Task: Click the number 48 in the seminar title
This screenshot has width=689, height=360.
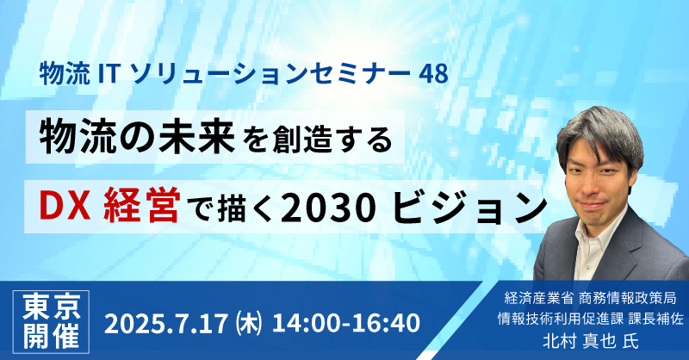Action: [433, 74]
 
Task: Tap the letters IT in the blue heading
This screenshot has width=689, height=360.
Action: [109, 74]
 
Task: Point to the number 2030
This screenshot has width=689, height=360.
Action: [329, 207]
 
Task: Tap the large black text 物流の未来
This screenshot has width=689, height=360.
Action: [137, 137]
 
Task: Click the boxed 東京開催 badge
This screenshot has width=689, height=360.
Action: [52, 322]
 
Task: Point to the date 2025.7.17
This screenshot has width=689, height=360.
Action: [166, 323]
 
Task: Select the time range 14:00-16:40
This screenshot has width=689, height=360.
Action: [346, 323]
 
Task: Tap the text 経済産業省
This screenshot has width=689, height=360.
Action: [539, 298]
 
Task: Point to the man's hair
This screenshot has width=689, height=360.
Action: [600, 132]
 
